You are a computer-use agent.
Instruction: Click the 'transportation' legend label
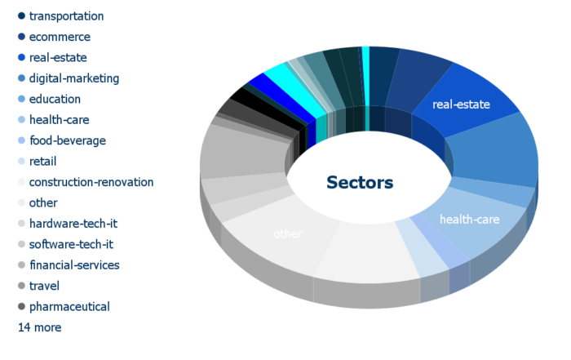click(66, 16)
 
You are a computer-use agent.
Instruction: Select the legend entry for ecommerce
click(60, 37)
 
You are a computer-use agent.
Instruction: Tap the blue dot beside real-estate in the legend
click(21, 58)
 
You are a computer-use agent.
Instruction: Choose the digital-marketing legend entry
click(74, 78)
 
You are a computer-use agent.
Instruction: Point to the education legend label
click(55, 99)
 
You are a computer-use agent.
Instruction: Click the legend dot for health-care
click(21, 120)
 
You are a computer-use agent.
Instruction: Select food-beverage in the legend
click(68, 140)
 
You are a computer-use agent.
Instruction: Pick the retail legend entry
click(42, 162)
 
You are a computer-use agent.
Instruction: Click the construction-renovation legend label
click(91, 182)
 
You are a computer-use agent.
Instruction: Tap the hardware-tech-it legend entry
click(73, 224)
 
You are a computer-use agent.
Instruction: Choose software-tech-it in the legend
click(71, 245)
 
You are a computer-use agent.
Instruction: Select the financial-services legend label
click(74, 265)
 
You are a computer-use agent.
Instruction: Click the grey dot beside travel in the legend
click(21, 286)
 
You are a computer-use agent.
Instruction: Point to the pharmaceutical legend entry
click(69, 307)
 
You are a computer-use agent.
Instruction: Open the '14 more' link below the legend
click(40, 327)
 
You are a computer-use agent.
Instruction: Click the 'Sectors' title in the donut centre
click(360, 183)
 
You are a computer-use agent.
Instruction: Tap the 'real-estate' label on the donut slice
click(461, 104)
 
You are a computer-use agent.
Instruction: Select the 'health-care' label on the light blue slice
click(469, 220)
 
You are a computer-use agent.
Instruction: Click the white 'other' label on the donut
click(287, 233)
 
